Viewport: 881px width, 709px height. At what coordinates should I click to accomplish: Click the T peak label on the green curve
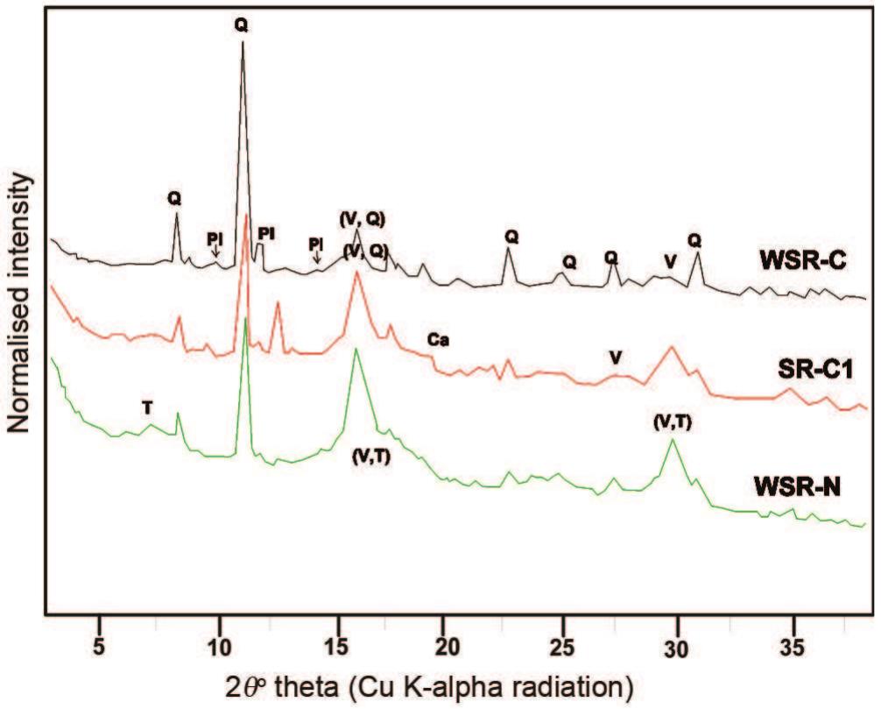point(148,408)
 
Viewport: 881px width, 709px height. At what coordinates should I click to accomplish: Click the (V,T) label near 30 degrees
point(672,422)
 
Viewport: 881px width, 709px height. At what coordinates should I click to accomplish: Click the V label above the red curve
point(617,357)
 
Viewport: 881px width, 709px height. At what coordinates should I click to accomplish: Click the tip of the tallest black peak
point(243,42)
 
